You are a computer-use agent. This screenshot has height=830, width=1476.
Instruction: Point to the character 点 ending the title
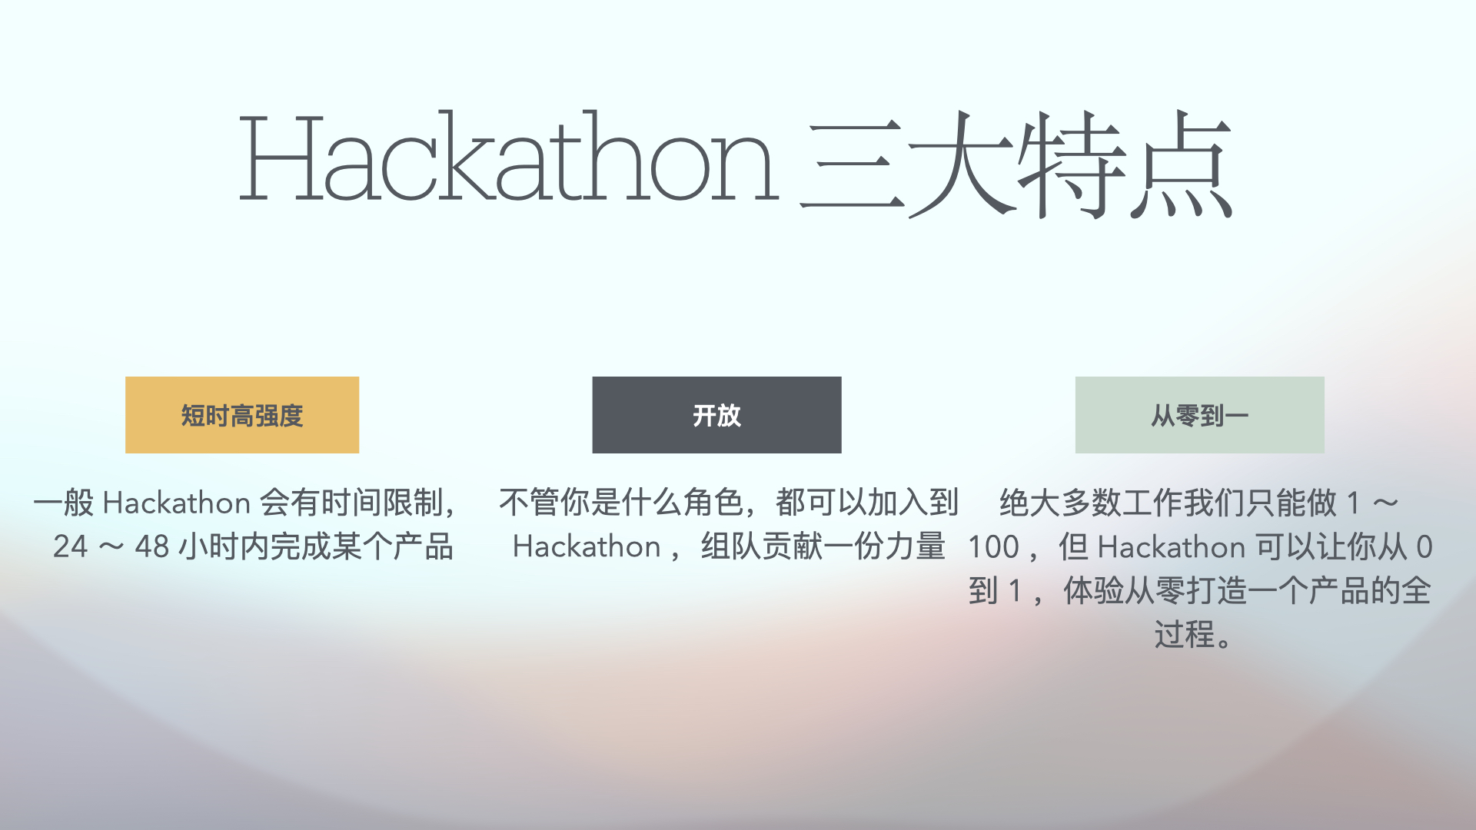(x=1181, y=163)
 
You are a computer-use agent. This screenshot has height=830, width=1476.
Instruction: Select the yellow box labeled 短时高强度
(x=242, y=415)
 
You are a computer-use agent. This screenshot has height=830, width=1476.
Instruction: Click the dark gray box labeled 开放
(x=716, y=415)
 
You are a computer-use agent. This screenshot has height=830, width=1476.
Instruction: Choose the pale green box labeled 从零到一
(x=1199, y=415)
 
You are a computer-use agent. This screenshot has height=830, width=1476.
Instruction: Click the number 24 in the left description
(x=71, y=546)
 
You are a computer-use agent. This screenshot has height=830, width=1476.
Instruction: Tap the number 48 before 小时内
(x=152, y=546)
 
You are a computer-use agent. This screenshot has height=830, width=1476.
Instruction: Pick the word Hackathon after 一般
(x=176, y=503)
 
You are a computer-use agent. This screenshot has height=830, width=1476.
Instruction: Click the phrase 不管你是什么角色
(x=621, y=503)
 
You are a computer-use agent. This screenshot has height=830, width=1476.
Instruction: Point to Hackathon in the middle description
(x=587, y=546)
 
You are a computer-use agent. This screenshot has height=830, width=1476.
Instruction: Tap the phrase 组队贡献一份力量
(x=823, y=546)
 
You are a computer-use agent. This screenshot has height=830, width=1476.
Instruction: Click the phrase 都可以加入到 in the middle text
(x=867, y=503)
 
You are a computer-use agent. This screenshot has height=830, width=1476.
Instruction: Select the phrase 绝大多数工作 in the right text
(x=1091, y=503)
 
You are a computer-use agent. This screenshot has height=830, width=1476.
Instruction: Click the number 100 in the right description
(x=993, y=547)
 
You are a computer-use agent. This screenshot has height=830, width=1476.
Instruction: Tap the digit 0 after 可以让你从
(x=1424, y=547)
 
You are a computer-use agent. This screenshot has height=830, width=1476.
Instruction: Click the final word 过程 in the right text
(x=1184, y=635)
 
